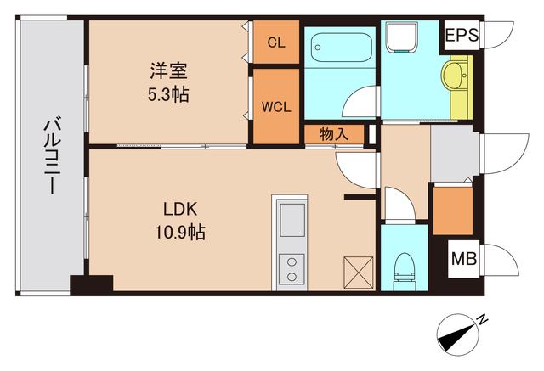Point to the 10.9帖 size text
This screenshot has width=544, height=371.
[180, 230]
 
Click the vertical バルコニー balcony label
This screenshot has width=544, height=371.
[50, 158]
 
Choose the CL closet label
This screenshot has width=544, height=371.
[275, 42]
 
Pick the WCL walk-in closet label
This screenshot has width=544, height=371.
[275, 107]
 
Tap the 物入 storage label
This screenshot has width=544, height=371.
[331, 133]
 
